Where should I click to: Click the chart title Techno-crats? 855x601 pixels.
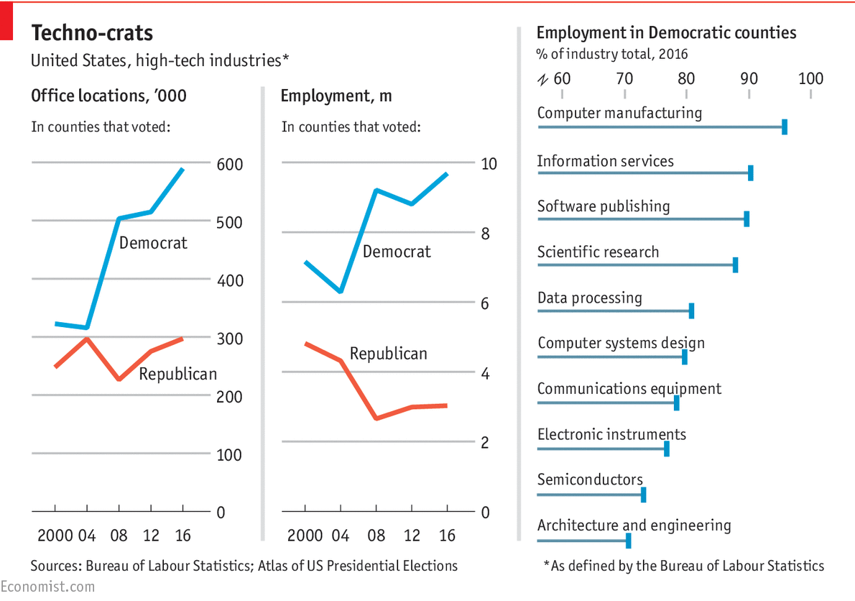pos(92,33)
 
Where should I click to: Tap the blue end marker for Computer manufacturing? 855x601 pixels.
pos(784,127)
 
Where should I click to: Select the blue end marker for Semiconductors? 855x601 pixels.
pos(643,495)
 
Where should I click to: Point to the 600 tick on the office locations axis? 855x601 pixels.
pos(230,165)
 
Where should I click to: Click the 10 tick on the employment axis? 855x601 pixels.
pos(489,163)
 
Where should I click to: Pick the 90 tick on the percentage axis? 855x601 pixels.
pos(749,78)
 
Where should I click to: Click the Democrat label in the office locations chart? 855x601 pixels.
pos(153,243)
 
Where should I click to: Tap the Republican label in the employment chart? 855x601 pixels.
pos(388,354)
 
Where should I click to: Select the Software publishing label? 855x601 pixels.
pos(604,206)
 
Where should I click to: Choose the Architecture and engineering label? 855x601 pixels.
pos(634,526)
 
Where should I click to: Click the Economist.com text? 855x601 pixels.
pos(47,587)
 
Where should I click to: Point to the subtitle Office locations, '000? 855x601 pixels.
pos(108,96)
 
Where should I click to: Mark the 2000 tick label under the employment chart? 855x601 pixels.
pos(305,536)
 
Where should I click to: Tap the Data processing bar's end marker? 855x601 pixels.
pos(691,311)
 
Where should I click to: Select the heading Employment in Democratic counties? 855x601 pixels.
pos(666,33)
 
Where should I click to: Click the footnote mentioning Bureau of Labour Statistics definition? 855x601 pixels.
pos(684,566)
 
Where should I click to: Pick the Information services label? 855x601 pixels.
pos(605,161)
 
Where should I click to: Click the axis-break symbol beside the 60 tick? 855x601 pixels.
pos(542,79)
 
